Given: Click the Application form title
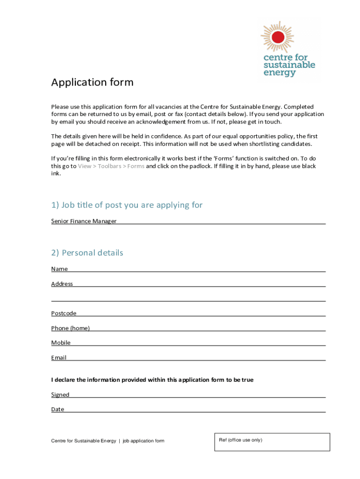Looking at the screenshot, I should (92, 82).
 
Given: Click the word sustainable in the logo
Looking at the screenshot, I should (289, 65).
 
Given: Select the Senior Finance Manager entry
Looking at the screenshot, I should (84, 221).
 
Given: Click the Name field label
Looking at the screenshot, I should (59, 269).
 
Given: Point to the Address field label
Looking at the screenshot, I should (62, 284).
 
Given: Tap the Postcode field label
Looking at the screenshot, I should (64, 313).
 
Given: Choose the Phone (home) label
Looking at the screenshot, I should (70, 328).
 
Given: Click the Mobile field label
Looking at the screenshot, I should (61, 343).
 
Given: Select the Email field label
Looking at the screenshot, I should (59, 358).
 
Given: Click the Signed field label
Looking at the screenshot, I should (60, 395).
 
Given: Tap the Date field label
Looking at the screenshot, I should (58, 409).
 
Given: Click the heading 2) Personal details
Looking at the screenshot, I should (87, 253).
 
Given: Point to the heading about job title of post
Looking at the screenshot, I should (127, 205).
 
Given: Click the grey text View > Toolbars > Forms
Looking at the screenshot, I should (111, 166).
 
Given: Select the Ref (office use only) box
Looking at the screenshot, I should (272, 442).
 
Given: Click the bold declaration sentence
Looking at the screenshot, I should (152, 380).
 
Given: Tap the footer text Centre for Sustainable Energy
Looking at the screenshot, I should (84, 441).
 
